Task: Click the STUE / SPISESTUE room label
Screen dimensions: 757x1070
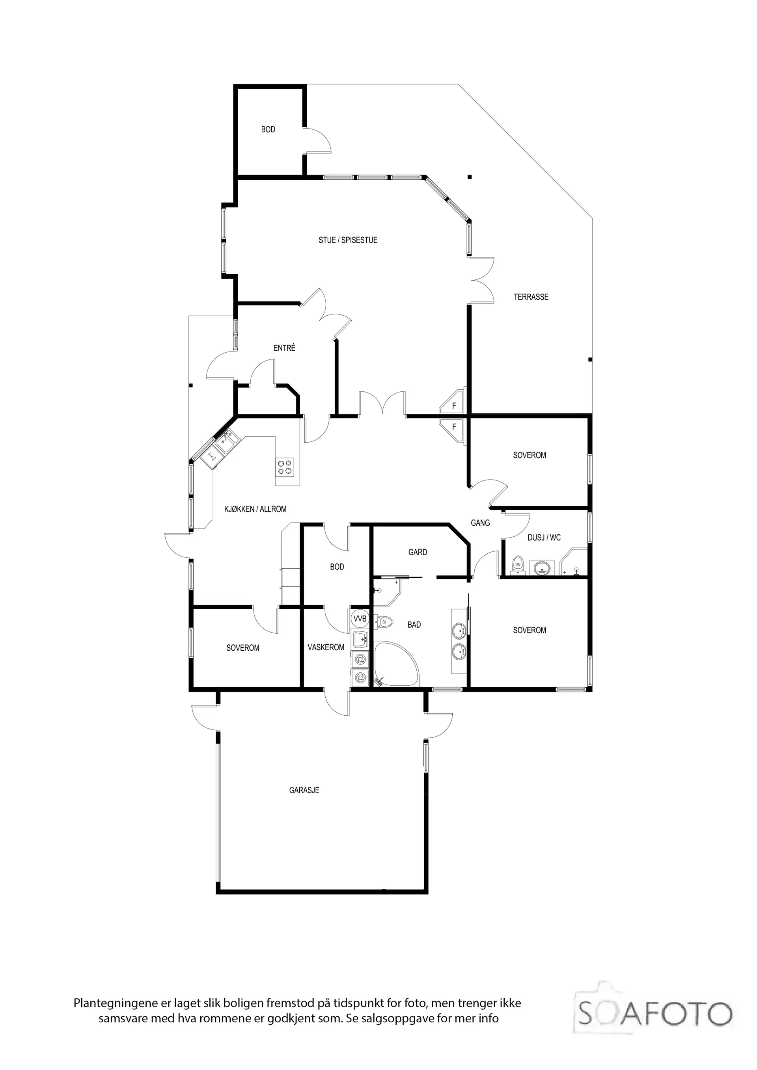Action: (x=348, y=240)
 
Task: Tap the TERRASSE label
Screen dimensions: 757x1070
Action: (x=531, y=297)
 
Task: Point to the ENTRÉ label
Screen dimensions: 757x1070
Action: (x=284, y=348)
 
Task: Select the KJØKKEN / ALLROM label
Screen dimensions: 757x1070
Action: (x=255, y=509)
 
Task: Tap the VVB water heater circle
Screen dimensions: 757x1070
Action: (x=360, y=619)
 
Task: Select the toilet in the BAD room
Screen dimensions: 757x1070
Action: (x=385, y=621)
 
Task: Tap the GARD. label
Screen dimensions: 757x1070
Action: (x=418, y=552)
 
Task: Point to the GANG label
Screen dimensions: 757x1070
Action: (x=480, y=523)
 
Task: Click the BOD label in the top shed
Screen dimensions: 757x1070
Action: (x=268, y=130)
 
